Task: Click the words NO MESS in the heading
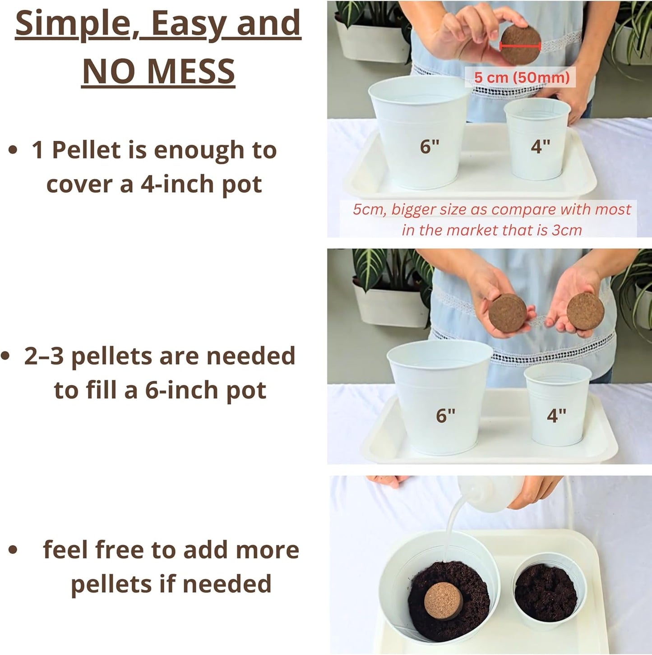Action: point(158,71)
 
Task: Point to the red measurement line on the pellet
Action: point(520,46)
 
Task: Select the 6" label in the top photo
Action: point(430,147)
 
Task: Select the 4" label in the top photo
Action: point(540,147)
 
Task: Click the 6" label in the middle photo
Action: point(445,415)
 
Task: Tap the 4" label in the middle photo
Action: point(556,415)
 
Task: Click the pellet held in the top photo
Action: point(520,44)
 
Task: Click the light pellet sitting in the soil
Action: point(443,600)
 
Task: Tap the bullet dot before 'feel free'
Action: point(13,550)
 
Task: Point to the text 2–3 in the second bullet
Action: point(44,356)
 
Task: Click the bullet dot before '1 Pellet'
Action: point(13,150)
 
